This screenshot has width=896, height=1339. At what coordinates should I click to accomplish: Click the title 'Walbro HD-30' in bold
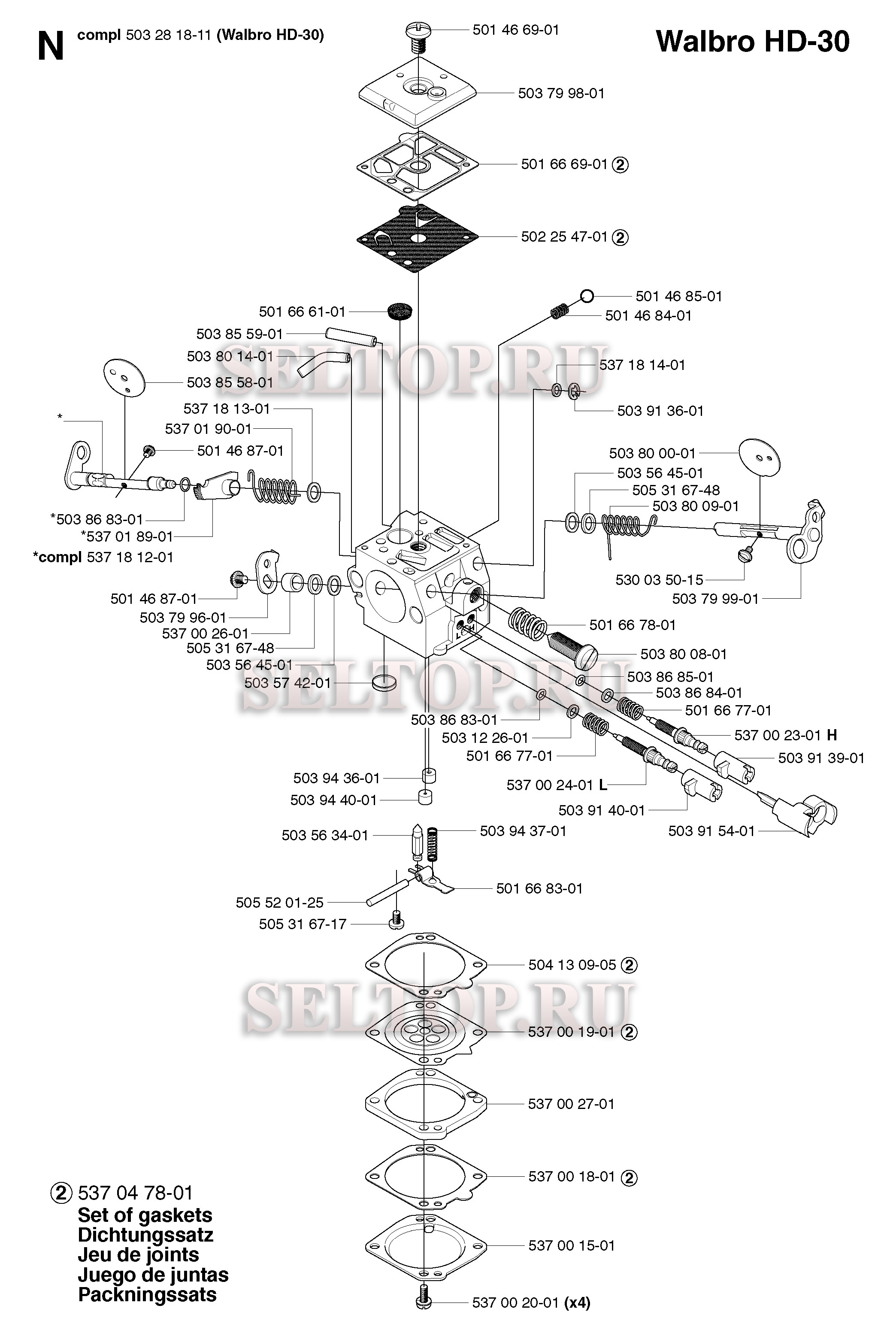[753, 42]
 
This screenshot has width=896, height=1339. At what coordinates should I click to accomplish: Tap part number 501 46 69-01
[515, 30]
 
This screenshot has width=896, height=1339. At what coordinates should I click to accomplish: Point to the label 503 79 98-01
[561, 93]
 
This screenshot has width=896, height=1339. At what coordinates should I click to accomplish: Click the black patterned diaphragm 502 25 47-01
[418, 238]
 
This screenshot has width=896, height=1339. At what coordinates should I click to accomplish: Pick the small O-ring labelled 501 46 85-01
[587, 296]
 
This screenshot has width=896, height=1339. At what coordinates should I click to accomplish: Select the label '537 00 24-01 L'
[557, 785]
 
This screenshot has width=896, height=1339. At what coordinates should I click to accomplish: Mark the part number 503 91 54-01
[711, 831]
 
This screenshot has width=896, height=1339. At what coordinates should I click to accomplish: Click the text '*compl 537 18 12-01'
[103, 557]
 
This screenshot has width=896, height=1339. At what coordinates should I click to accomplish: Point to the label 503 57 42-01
[288, 683]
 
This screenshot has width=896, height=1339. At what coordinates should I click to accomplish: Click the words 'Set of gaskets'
[145, 1215]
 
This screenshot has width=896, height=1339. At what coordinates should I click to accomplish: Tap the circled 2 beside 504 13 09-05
[629, 965]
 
